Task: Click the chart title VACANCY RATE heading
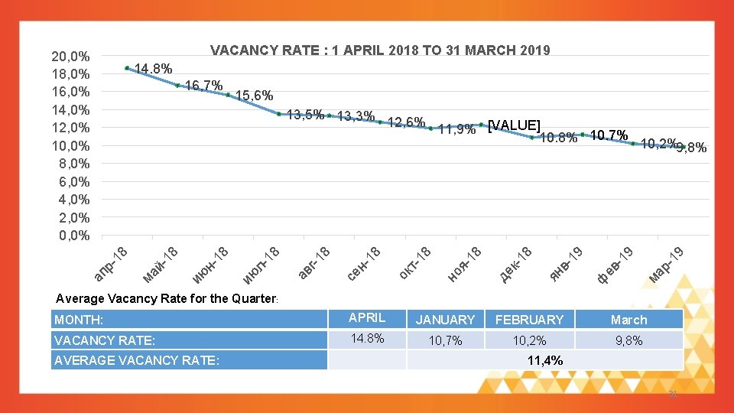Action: pyautogui.click(x=380, y=50)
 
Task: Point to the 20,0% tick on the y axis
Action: pyautogui.click(x=70, y=56)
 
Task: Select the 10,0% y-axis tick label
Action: pyautogui.click(x=70, y=145)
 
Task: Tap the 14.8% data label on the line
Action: pyautogui.click(x=153, y=68)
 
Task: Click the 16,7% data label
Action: pyautogui.click(x=204, y=85)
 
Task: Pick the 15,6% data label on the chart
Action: pyautogui.click(x=255, y=96)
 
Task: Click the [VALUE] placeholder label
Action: pyautogui.click(x=515, y=125)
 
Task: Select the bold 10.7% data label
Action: pyautogui.click(x=609, y=135)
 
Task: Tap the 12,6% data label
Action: pyautogui.click(x=406, y=122)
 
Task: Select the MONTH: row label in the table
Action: pyautogui.click(x=80, y=320)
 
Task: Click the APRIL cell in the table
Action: pyautogui.click(x=367, y=318)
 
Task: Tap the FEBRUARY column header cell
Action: pyautogui.click(x=529, y=320)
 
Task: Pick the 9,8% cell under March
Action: pyautogui.click(x=628, y=341)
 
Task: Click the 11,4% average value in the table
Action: pyautogui.click(x=545, y=360)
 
